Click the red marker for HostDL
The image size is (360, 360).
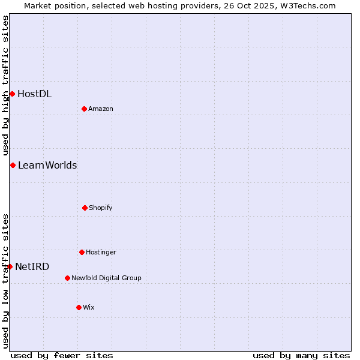point(12,94)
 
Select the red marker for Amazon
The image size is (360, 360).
point(85,109)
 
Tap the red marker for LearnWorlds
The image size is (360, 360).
point(13,165)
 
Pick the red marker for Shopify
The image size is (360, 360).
point(85,208)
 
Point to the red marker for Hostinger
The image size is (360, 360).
point(82,252)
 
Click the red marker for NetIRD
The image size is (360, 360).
point(10,266)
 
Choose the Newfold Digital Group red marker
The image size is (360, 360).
point(67,278)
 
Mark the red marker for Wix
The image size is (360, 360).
point(79,307)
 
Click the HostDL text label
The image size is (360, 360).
point(34,94)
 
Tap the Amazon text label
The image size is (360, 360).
point(101,109)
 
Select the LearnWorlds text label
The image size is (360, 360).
point(47,165)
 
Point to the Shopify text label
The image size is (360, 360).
point(101,208)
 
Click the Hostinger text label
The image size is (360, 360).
point(101,252)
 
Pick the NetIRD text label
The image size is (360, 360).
point(32,266)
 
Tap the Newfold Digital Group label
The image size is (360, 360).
point(106,278)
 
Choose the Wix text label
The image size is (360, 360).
point(89,307)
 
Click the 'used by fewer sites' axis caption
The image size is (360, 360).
point(62,355)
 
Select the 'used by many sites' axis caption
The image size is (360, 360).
point(301,355)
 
